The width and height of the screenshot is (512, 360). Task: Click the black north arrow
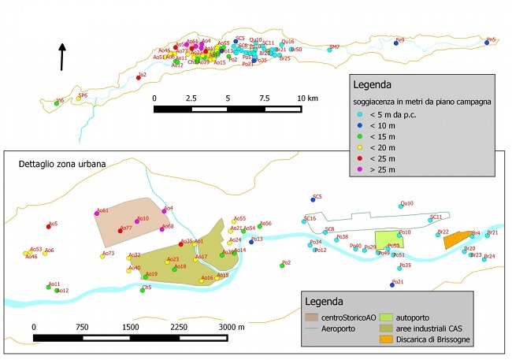click(x=63, y=57)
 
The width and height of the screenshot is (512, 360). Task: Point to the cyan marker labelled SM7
click(x=330, y=50)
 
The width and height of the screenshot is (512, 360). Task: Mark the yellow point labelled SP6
click(x=79, y=98)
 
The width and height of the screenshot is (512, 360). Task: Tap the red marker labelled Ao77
click(x=119, y=230)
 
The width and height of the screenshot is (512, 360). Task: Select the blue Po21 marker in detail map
click(x=392, y=284)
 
